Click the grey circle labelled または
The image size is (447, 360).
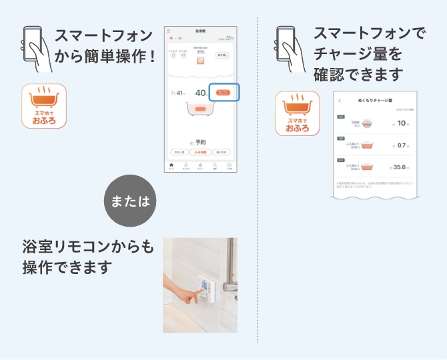coord(131,201)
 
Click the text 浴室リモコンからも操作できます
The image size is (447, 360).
coord(87,257)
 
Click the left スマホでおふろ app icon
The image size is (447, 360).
coord(44,105)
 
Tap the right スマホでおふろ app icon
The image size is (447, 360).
coord(297,113)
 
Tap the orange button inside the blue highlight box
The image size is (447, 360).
coord(223,93)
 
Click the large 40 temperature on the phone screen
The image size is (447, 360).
coord(200,93)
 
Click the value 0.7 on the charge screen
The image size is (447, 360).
coord(401,145)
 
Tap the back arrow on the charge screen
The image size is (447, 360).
coord(340,100)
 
